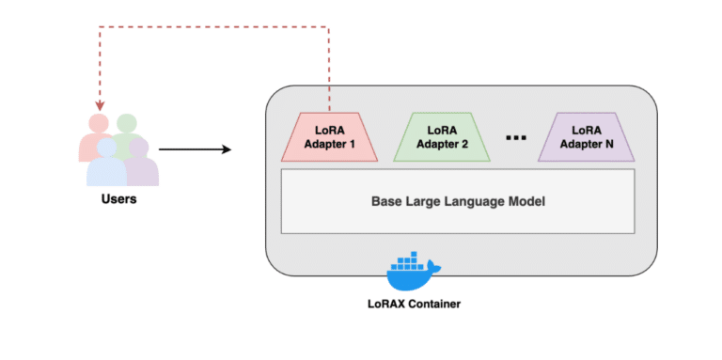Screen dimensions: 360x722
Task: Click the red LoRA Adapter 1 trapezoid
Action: (x=330, y=137)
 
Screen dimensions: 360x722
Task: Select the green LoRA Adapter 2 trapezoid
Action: (x=447, y=137)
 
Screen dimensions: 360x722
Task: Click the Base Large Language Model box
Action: (x=458, y=201)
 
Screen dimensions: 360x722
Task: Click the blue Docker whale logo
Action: (x=413, y=272)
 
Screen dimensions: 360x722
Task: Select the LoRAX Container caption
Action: (x=415, y=305)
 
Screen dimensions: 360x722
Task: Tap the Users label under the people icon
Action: (x=119, y=199)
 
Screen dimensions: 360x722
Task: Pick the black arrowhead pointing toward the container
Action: (x=226, y=149)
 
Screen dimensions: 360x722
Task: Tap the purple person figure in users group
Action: (x=140, y=165)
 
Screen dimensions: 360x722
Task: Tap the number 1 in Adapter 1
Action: (x=352, y=145)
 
